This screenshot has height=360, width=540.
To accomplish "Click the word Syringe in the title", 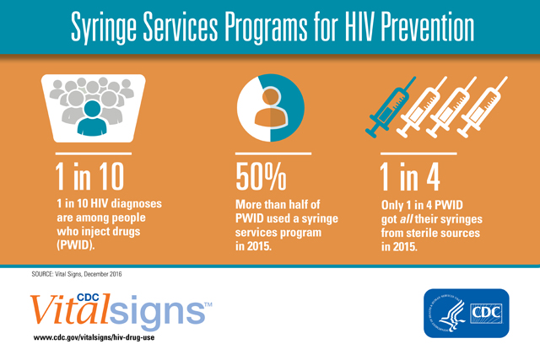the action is (x=103, y=28).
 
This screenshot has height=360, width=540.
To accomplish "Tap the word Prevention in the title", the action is (x=428, y=26).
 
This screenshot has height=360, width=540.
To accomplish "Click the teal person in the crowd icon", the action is (x=92, y=118).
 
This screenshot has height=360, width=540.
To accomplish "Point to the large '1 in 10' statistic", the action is (x=89, y=176).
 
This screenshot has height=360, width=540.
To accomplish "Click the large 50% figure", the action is (x=261, y=176).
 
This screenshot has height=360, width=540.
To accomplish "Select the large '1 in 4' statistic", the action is (x=410, y=176).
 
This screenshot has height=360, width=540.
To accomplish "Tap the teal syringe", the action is (x=390, y=107).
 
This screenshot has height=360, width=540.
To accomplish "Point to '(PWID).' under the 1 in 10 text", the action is (x=76, y=245).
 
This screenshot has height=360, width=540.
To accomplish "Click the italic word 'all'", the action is (x=406, y=219).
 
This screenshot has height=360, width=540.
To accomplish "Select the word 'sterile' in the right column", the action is (x=424, y=233).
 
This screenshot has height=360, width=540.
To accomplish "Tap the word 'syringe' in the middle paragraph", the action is (x=320, y=219).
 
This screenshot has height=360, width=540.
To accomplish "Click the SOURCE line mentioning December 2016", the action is (x=77, y=274).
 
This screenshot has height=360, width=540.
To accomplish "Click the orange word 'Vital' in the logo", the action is (x=70, y=309).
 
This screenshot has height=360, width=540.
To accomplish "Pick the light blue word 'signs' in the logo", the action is (x=157, y=312).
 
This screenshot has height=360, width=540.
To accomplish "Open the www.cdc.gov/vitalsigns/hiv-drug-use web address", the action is (x=94, y=337).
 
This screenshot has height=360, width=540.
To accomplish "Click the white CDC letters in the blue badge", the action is (x=486, y=313).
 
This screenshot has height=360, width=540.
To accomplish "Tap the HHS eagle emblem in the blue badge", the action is (x=448, y=313).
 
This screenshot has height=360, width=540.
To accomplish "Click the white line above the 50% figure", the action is (x=273, y=153).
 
